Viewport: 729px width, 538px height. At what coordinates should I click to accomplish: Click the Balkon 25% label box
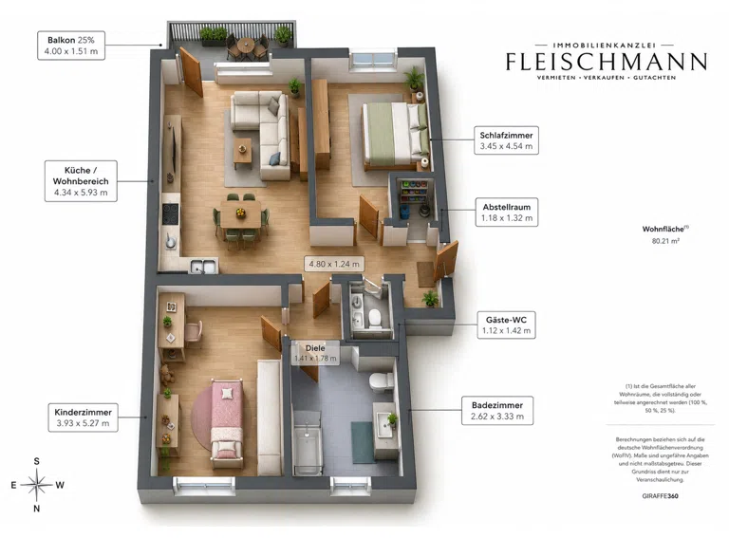click(x=71, y=46)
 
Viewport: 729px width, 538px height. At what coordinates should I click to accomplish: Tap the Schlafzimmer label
click(x=506, y=140)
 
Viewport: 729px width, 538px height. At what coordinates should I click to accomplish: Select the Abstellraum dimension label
click(x=507, y=213)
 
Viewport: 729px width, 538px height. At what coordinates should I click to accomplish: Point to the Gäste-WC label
click(x=506, y=325)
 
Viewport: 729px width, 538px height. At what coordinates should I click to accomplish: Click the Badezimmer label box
click(x=497, y=411)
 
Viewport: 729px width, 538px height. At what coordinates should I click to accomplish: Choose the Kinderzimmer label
click(x=83, y=417)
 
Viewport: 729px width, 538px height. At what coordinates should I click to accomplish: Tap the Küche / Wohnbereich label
click(x=81, y=181)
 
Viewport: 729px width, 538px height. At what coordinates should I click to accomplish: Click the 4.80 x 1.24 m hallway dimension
click(x=334, y=264)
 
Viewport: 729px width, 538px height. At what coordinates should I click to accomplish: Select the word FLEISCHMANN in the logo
click(x=607, y=63)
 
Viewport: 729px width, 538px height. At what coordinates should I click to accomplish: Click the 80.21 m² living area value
click(x=665, y=241)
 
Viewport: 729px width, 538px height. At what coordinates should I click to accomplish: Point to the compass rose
click(x=37, y=485)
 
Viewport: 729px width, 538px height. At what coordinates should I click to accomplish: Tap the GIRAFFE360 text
click(x=661, y=495)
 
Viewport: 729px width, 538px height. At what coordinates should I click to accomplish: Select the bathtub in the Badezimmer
click(x=308, y=443)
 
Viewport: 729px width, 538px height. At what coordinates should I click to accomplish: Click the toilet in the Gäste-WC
click(x=374, y=317)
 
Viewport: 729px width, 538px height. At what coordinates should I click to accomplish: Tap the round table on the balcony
click(x=246, y=45)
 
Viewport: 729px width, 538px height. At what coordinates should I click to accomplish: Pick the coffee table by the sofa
click(x=243, y=150)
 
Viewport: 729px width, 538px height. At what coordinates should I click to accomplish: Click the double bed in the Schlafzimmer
click(x=396, y=135)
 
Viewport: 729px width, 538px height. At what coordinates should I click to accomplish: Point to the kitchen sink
click(x=204, y=267)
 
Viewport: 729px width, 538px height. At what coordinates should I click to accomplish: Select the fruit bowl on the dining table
click(x=240, y=213)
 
